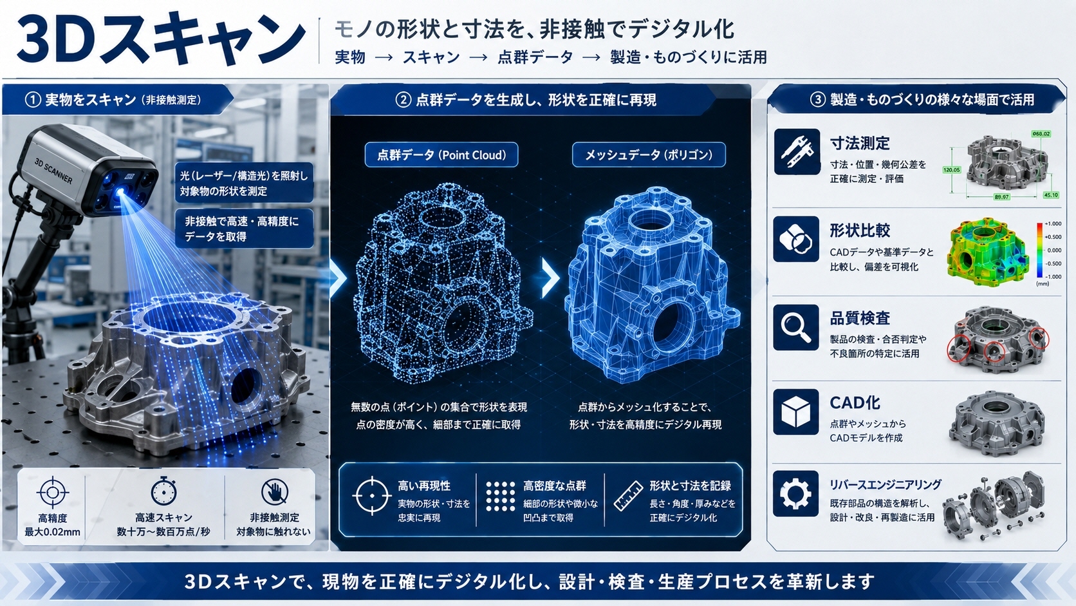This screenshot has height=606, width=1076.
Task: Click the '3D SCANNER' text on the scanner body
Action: pos(53,171)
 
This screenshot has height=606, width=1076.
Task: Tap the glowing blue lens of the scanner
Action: pos(121,193)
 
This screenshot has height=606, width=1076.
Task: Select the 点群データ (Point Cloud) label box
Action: pos(441,155)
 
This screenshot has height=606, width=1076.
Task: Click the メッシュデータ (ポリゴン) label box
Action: pos(649,155)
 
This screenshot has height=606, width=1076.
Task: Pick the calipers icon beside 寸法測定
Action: pos(797,152)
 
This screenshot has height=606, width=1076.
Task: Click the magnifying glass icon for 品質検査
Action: pos(796,327)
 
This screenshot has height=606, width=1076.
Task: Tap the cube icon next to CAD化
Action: pos(796,412)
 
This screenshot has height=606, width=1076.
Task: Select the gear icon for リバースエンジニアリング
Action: pos(796,493)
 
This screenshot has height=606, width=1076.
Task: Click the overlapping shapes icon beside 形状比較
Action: pos(796,239)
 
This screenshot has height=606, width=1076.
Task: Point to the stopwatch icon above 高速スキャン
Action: pos(164,491)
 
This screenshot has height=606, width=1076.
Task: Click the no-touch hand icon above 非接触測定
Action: pos(275,491)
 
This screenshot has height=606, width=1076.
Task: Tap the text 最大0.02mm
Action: pos(52,532)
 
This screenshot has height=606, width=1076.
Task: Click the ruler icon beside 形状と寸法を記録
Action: pos(628,496)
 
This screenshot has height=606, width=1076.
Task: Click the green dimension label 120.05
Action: pos(952,169)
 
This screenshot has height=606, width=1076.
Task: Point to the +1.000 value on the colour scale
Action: pos(1049,224)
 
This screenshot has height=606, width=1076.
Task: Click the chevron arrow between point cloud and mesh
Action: pos(550,278)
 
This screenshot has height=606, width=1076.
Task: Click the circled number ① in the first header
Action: pos(33,100)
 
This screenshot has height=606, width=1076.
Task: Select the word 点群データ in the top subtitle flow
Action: pos(535,57)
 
